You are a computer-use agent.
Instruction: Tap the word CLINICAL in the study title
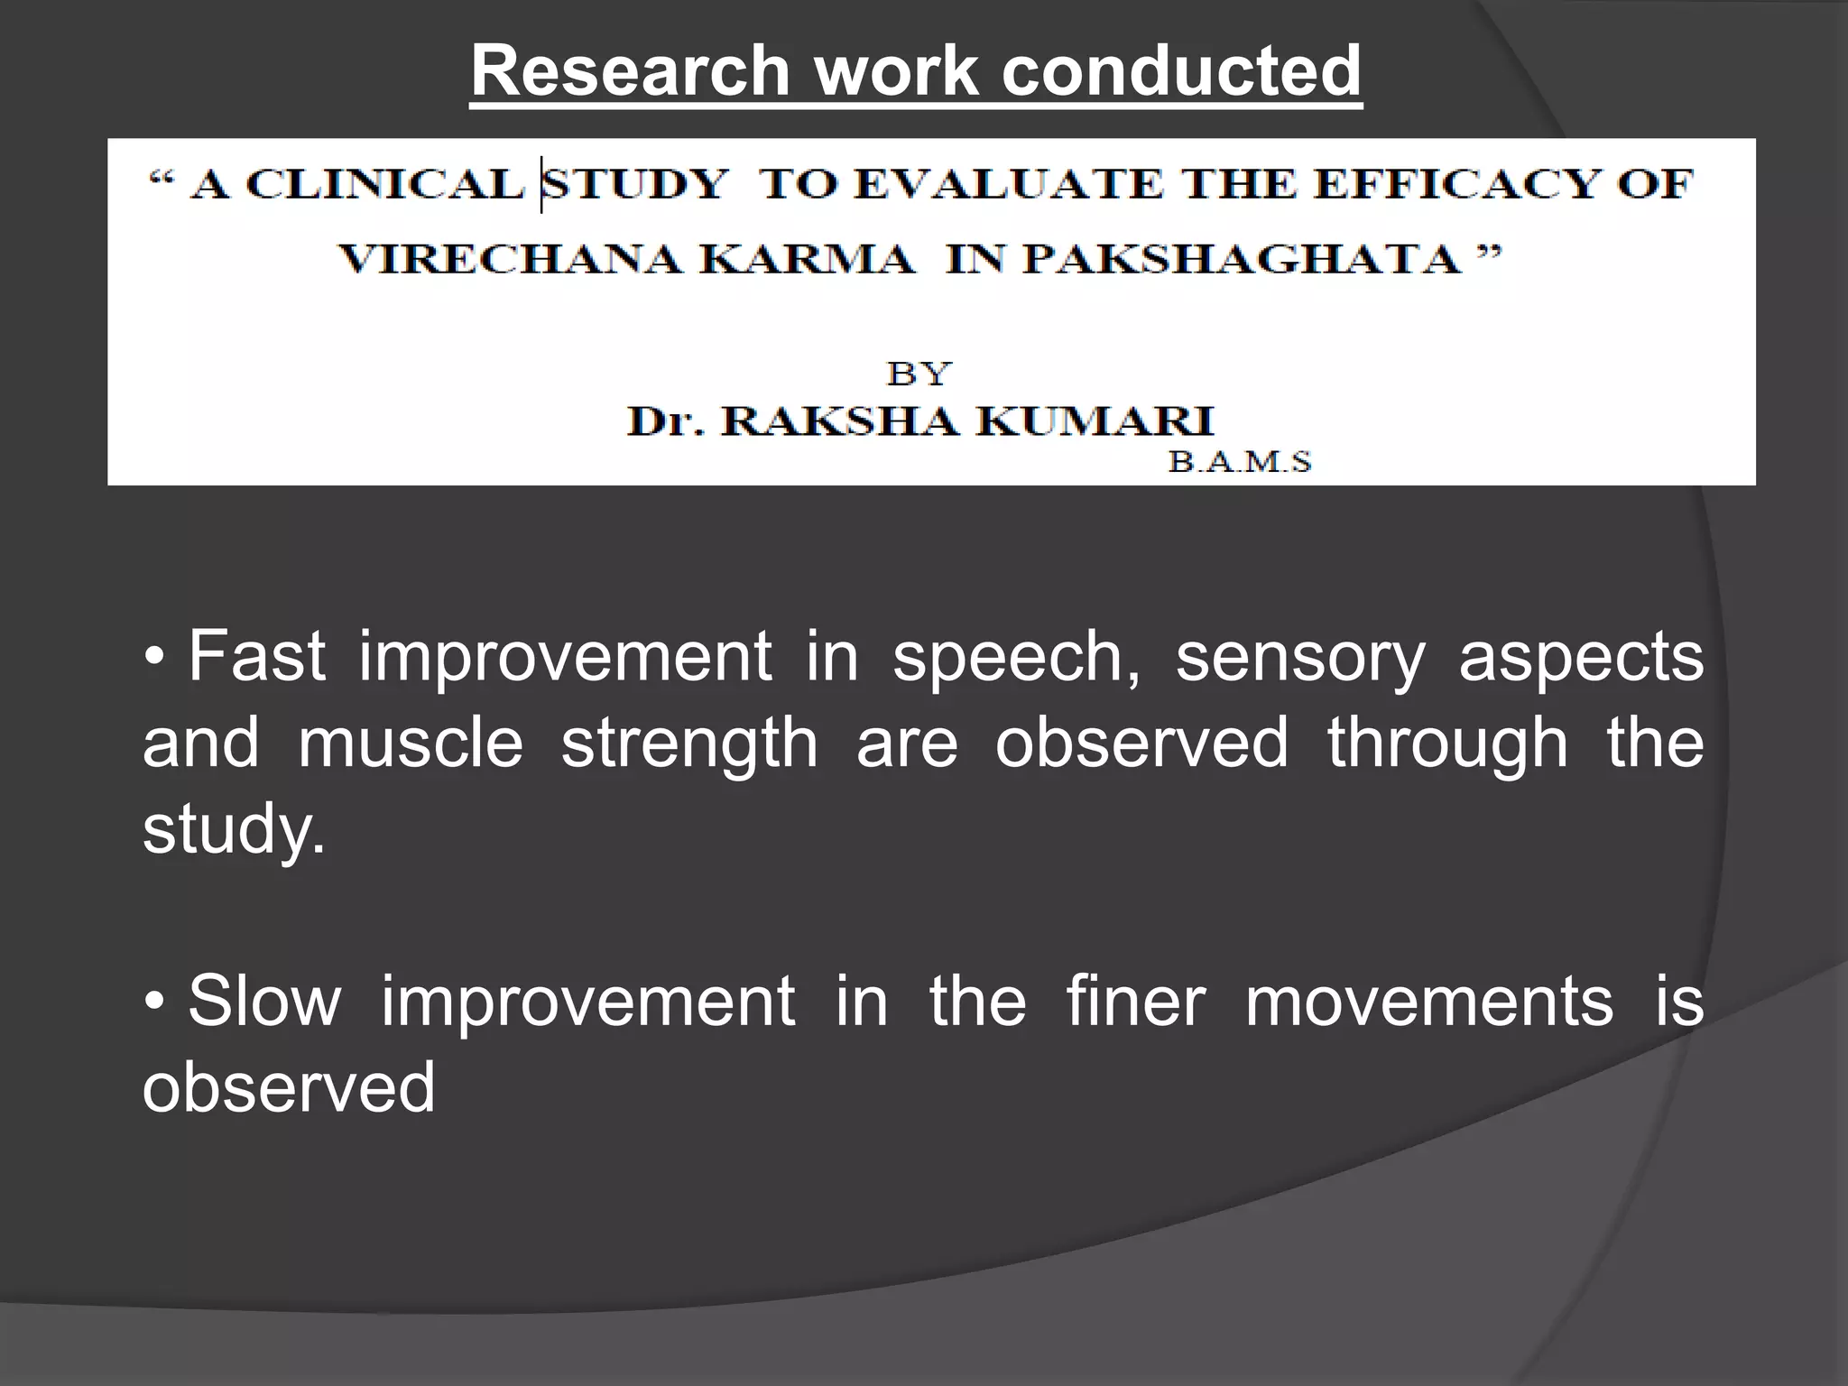tap(385, 185)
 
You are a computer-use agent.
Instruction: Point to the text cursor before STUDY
tap(541, 185)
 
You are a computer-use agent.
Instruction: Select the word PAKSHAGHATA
tap(1242, 260)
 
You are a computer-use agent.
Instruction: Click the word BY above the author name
tap(919, 374)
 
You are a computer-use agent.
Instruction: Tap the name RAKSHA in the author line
tap(839, 420)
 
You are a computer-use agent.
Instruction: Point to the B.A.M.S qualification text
tap(1240, 462)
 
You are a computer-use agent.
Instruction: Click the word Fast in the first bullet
tap(257, 656)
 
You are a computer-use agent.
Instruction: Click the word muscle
tap(411, 743)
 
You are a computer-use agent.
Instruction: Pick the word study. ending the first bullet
tap(234, 829)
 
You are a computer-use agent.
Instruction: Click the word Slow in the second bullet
tap(265, 1001)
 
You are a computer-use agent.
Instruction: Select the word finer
tap(1135, 1001)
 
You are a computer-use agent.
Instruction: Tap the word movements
tap(1428, 1001)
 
